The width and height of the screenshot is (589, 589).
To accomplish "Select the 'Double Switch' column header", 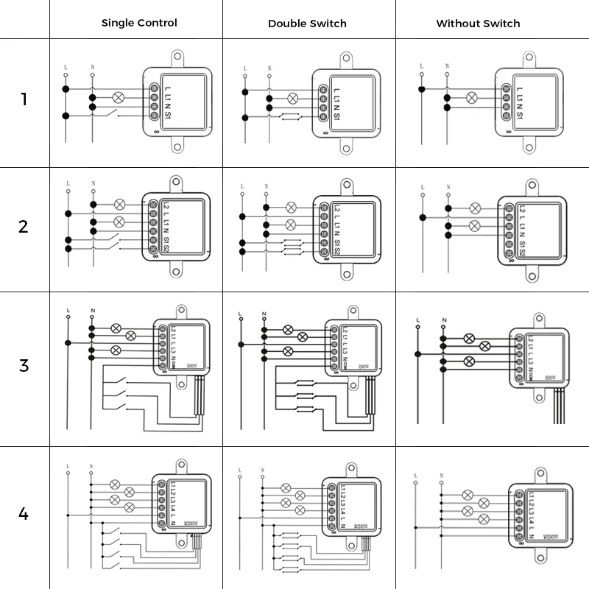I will [307, 23].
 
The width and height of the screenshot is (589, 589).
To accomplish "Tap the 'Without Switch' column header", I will [478, 23].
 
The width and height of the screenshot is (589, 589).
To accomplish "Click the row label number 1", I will [24, 99].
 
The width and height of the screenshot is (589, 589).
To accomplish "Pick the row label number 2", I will [24, 226].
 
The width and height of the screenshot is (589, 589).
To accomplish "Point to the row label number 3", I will [24, 365].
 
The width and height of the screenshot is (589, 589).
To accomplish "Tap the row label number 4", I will [24, 513].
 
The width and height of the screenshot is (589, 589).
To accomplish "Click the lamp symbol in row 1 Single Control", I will [116, 96].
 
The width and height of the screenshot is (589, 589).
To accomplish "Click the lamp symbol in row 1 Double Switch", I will [292, 97].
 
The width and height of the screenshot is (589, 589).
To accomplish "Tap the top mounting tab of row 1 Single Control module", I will [177, 56].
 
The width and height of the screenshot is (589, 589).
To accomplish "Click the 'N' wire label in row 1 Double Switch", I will [269, 68].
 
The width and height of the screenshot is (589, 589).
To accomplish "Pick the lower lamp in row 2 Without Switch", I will [474, 225].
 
